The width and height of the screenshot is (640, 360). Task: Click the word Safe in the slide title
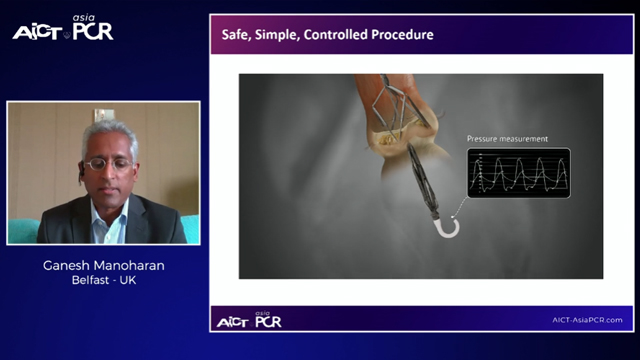click(x=237, y=36)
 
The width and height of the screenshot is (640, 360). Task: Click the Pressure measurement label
click(x=507, y=139)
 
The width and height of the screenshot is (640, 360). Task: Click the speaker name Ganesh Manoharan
click(x=104, y=266)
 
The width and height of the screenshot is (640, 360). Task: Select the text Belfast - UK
click(x=104, y=283)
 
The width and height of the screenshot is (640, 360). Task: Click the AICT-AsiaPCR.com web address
click(x=587, y=320)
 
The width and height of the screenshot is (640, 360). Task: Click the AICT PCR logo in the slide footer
click(x=249, y=319)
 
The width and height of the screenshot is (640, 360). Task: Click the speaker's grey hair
click(x=108, y=131)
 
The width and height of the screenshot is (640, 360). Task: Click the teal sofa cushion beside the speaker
click(x=22, y=229)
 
